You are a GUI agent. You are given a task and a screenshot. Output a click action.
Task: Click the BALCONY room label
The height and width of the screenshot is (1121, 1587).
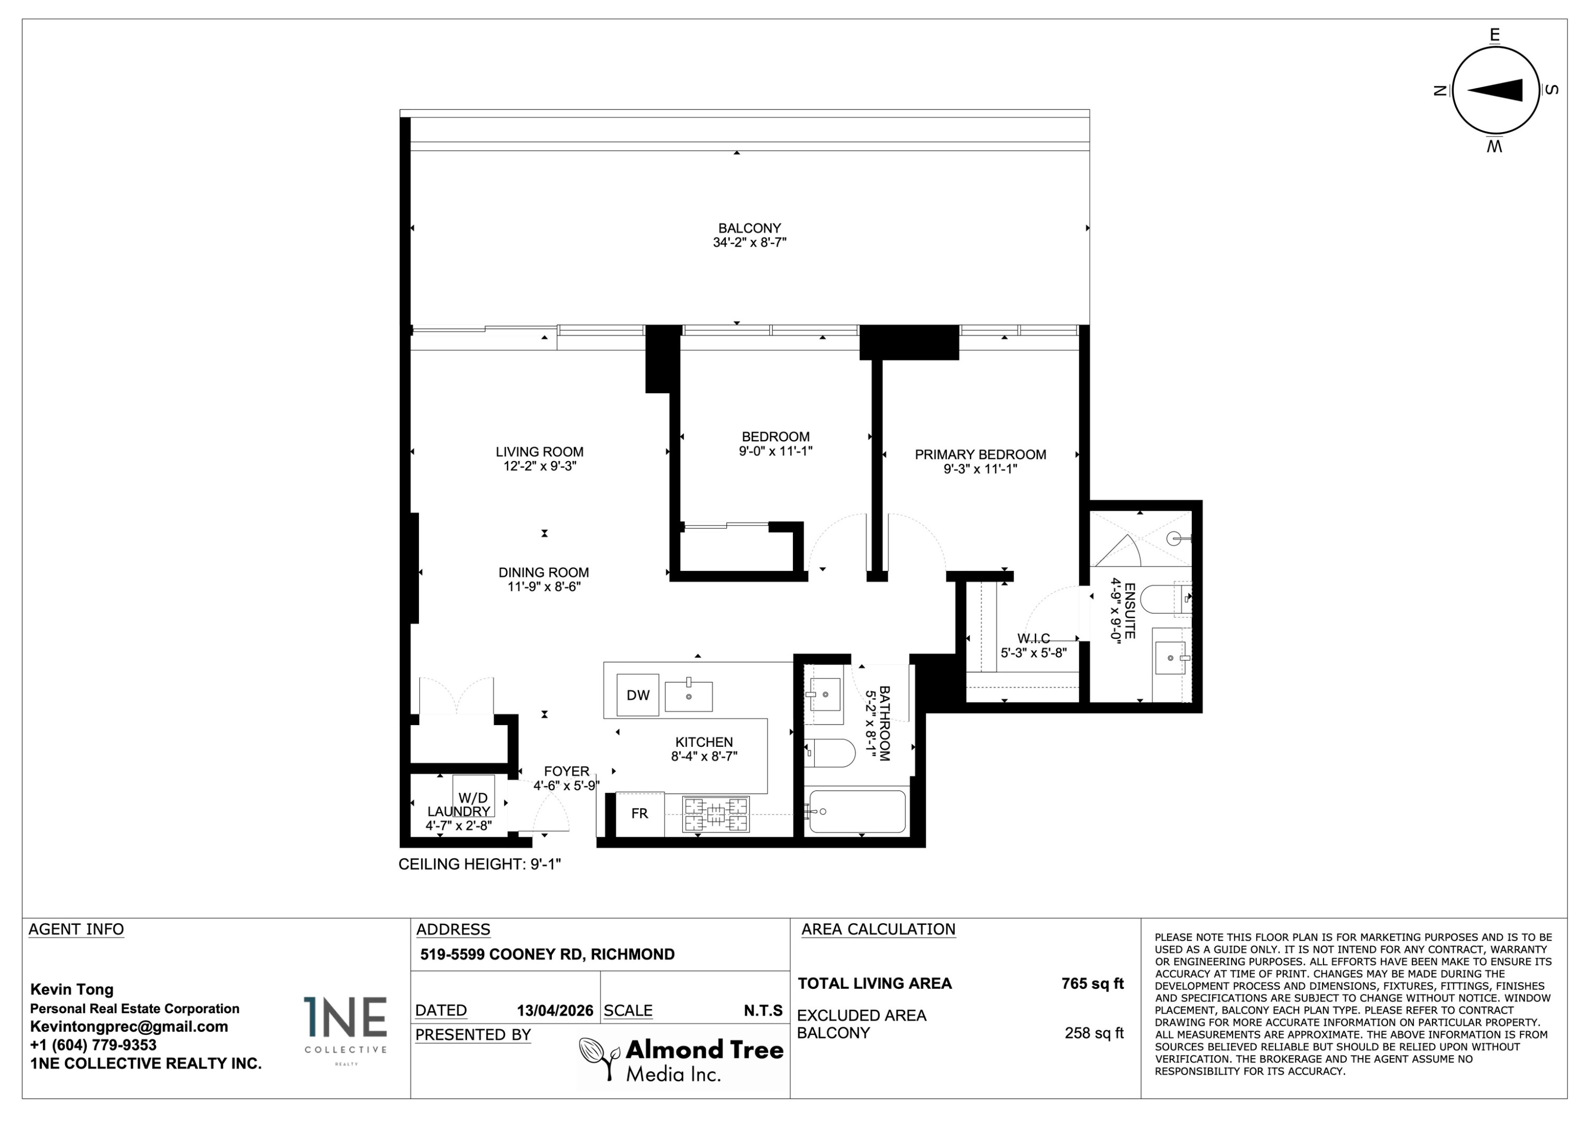coord(749,228)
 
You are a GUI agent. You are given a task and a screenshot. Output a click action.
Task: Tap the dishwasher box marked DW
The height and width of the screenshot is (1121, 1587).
coord(638,695)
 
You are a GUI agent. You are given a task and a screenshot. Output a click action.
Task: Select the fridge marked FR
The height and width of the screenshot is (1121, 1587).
coord(640,813)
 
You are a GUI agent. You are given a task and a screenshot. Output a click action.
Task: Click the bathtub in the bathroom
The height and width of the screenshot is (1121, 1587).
coord(857,812)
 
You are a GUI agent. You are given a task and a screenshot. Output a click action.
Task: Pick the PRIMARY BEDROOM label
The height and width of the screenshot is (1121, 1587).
coord(980,455)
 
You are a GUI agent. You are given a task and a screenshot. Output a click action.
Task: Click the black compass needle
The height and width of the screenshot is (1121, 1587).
coord(1494,90)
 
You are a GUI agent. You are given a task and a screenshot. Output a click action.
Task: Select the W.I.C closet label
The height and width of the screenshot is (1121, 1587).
coord(1033,639)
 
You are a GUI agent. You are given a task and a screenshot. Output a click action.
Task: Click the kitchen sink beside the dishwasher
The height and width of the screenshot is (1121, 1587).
coord(688,696)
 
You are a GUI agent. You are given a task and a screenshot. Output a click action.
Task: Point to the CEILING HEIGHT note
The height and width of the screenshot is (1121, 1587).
coord(480,864)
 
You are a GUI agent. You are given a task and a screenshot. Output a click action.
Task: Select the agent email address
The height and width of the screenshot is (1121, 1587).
coord(129,1026)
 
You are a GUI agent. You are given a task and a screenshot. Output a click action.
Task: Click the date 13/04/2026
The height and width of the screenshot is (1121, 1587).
coord(555,1011)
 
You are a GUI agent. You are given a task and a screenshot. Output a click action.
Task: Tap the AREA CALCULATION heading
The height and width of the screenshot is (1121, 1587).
coord(879,929)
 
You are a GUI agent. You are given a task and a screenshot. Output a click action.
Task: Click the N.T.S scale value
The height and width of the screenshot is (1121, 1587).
coord(763,1011)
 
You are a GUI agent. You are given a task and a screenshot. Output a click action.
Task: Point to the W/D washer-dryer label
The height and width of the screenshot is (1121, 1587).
coord(473,799)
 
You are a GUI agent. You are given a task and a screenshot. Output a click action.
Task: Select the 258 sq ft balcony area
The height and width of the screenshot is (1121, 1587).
coord(1094,1033)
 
